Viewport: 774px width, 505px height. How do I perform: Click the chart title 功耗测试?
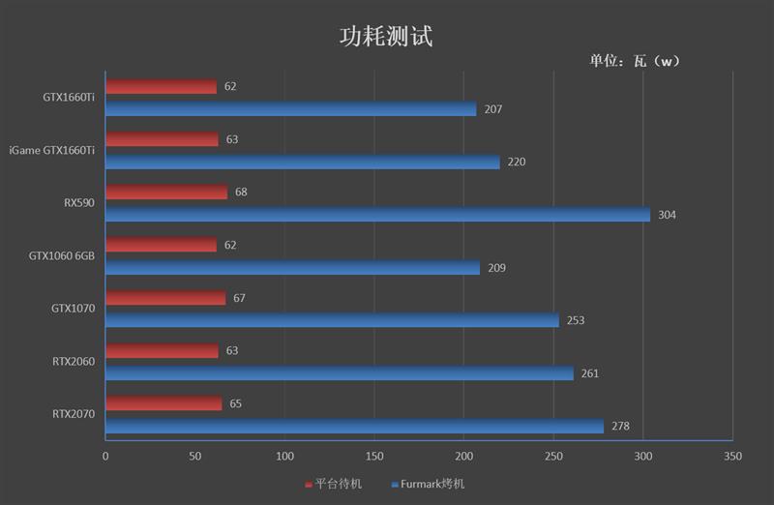pos(386,37)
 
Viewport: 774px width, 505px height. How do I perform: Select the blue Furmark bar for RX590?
pos(377,215)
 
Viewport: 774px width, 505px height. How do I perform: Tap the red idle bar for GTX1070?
pos(165,298)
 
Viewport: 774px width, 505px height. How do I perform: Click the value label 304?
pos(667,215)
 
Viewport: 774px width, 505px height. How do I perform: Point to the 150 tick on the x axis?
pos(374,456)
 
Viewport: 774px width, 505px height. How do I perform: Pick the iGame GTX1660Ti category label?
pos(52,150)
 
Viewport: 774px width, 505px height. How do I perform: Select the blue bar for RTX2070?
pos(354,426)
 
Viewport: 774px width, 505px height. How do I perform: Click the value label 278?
pos(620,426)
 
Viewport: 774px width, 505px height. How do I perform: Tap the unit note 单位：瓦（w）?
pos(636,61)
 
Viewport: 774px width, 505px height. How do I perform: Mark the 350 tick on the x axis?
pos(732,456)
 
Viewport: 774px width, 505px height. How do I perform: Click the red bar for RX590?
pos(166,193)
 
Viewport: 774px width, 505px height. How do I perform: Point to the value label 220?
pos(516,162)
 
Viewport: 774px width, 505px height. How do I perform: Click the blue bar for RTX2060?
pos(339,373)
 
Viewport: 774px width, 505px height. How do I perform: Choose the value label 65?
pos(235,403)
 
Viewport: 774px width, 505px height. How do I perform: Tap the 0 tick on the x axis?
pos(105,456)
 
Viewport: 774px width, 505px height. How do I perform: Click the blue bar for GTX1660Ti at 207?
pos(290,109)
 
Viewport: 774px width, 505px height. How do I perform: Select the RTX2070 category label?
pos(74,414)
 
